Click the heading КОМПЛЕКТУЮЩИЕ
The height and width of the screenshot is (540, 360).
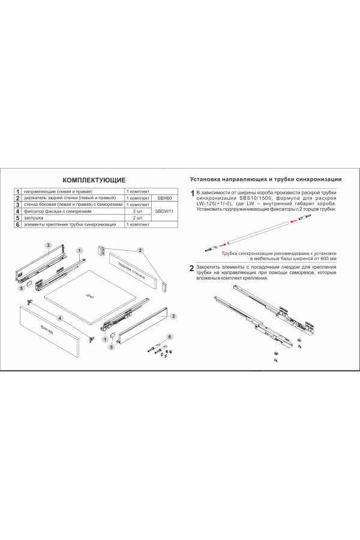click(95, 179)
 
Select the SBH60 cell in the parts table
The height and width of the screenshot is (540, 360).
click(164, 197)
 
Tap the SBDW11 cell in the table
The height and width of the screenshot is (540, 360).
click(164, 211)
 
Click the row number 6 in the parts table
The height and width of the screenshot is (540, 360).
click(18, 225)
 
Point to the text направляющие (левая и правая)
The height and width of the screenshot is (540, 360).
click(58, 190)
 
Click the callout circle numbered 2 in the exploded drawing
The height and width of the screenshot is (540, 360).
click(139, 250)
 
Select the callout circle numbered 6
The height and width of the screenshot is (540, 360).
click(170, 337)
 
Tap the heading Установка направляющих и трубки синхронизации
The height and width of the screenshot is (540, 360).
click(265, 179)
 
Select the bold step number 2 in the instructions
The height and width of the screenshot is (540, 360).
click(192, 268)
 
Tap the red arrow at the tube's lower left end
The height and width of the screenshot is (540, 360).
click(221, 244)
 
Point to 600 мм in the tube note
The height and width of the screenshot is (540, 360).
click(326, 258)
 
